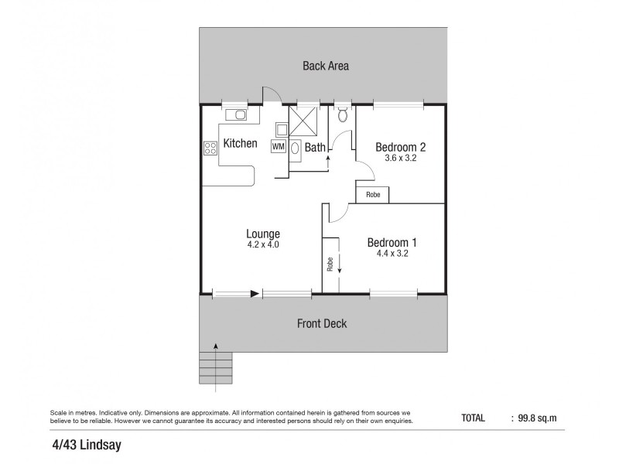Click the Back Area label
tap(325, 66)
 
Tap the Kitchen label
tap(240, 143)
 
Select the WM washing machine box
tap(278, 145)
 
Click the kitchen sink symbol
tap(238, 116)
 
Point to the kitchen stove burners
tap(210, 148)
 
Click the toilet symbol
tap(343, 116)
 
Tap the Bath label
tap(314, 147)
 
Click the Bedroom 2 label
tap(401, 147)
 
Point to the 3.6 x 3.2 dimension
tap(401, 159)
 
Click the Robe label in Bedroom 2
tap(373, 196)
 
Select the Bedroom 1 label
tap(392, 241)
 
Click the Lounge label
tap(263, 234)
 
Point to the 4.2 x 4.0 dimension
tap(263, 245)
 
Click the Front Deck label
tap(322, 323)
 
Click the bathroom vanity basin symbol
tap(296, 148)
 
